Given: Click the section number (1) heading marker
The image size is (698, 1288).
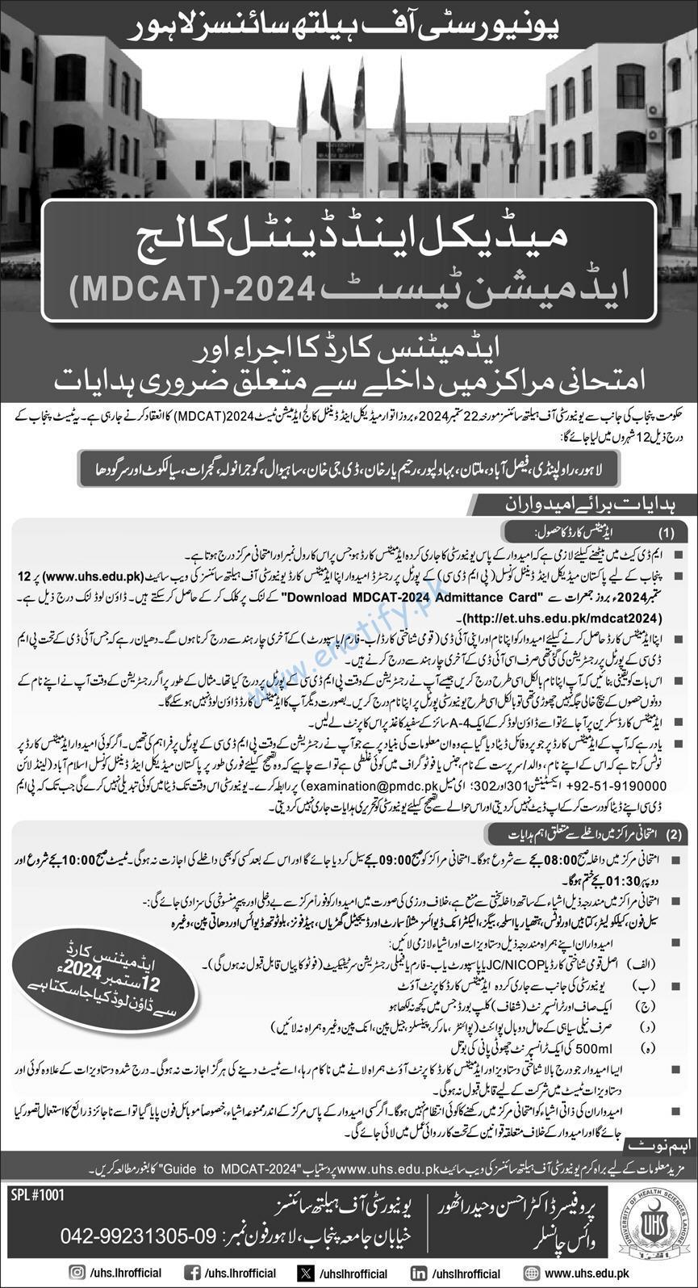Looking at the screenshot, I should [667, 534].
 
